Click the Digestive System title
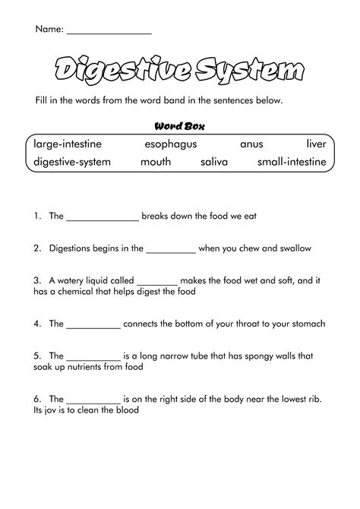(x=180, y=72)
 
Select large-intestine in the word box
(x=68, y=144)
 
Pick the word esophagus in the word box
(x=170, y=144)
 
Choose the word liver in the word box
(x=316, y=144)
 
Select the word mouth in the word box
(x=156, y=162)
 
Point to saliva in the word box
(x=214, y=162)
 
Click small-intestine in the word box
(x=292, y=162)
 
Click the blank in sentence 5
(x=94, y=356)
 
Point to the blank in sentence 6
(x=94, y=400)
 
